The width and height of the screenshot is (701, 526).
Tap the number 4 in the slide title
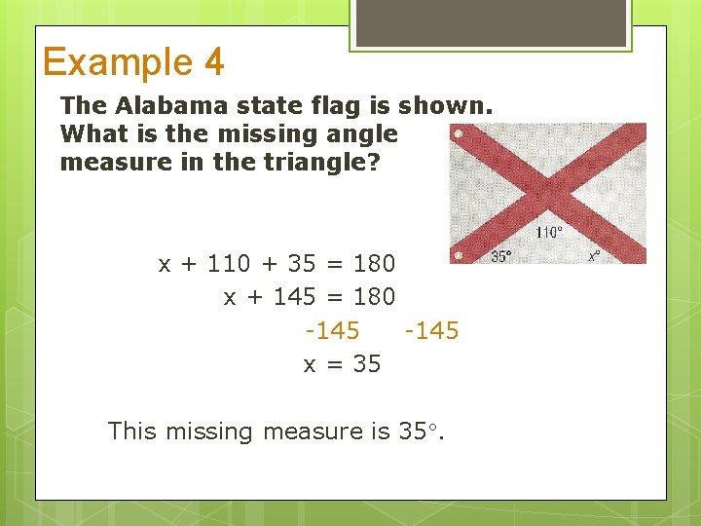point(214,62)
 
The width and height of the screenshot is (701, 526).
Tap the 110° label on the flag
point(550,233)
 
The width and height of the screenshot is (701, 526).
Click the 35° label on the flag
point(500,256)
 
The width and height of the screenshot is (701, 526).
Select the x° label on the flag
point(594,256)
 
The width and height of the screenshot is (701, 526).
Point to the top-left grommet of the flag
point(459,133)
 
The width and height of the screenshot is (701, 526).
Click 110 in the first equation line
point(229,263)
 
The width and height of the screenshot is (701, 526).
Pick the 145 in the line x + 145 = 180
point(294,296)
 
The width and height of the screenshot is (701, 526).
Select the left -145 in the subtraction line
point(332,331)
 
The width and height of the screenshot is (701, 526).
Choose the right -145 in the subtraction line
point(431,331)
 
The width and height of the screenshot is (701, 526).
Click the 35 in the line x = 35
point(367,364)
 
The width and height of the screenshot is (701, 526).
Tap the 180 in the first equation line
point(374,263)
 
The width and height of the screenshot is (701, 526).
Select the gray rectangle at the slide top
point(490,22)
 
